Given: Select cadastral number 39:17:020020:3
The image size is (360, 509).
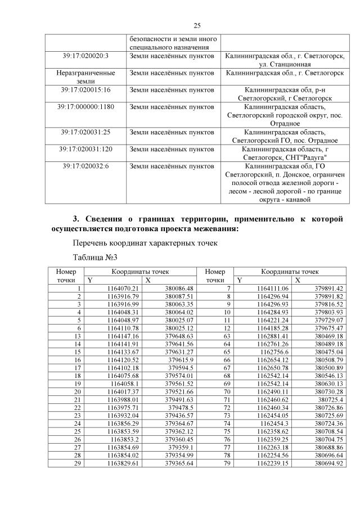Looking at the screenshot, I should (x=85, y=56).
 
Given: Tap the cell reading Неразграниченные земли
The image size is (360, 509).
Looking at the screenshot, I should (x=85, y=77).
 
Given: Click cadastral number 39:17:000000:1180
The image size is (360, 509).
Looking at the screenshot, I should (x=85, y=107).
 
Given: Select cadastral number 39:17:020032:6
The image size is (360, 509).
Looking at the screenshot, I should (x=85, y=166).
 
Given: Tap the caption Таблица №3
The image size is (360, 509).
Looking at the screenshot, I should (x=95, y=258).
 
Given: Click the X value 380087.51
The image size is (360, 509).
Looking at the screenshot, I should (x=179, y=296).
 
